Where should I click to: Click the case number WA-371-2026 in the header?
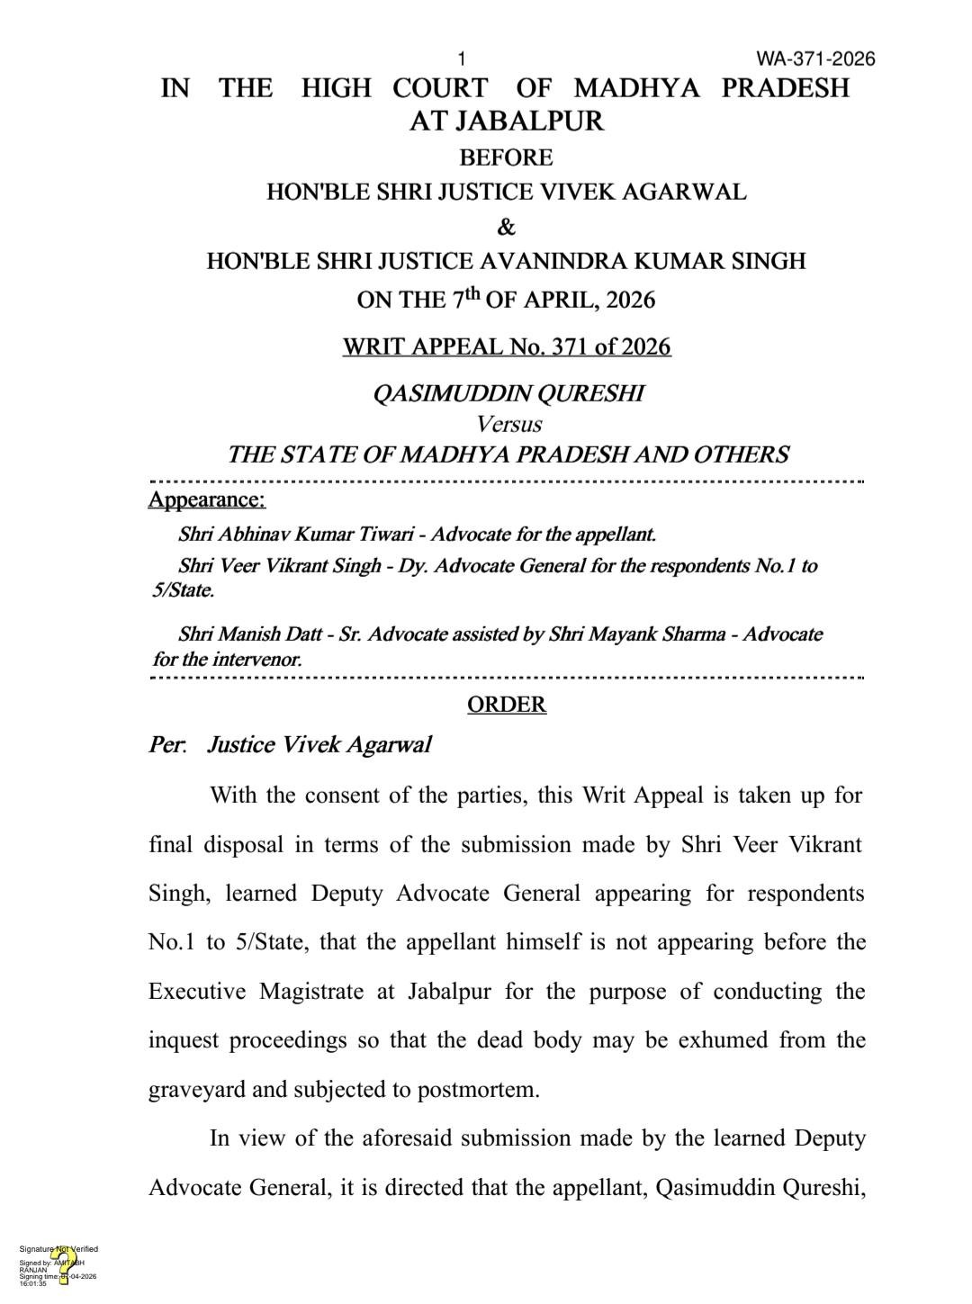(x=815, y=59)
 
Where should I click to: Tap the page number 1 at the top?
(x=462, y=59)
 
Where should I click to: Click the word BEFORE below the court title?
(x=506, y=157)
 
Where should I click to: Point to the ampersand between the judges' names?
(x=506, y=226)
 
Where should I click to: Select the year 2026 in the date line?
(x=630, y=300)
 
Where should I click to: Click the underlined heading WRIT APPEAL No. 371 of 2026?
(x=506, y=346)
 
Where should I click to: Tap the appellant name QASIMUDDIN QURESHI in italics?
(x=508, y=393)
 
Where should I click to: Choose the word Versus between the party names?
(x=508, y=423)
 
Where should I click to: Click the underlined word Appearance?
(x=206, y=499)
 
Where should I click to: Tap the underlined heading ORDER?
(x=506, y=704)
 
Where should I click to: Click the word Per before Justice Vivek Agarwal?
(x=166, y=745)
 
